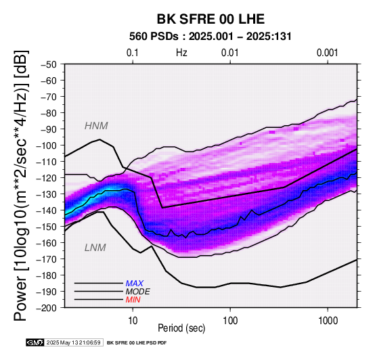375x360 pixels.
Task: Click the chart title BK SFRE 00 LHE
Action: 211,19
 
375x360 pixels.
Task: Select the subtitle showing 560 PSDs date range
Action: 211,37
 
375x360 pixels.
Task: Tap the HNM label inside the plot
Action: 96,126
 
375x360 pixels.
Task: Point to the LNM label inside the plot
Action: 95,248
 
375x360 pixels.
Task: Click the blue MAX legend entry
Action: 135,284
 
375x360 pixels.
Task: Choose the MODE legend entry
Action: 138,292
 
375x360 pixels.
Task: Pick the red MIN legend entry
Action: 133,300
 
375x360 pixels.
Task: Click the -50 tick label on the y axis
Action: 49,64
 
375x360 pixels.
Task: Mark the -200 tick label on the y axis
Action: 47,308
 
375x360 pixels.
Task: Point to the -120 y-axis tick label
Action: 47,178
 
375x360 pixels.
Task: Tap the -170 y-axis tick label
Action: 47,259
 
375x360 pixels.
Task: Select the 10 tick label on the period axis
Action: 133,321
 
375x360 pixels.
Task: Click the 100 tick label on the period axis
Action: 230,321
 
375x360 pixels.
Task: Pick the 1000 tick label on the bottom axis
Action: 328,321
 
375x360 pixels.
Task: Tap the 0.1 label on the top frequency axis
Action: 133,53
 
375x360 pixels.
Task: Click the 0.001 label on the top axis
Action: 328,53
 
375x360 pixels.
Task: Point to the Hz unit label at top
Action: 181,53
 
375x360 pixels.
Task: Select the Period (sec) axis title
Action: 181,328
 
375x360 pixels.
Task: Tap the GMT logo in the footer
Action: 35,342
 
